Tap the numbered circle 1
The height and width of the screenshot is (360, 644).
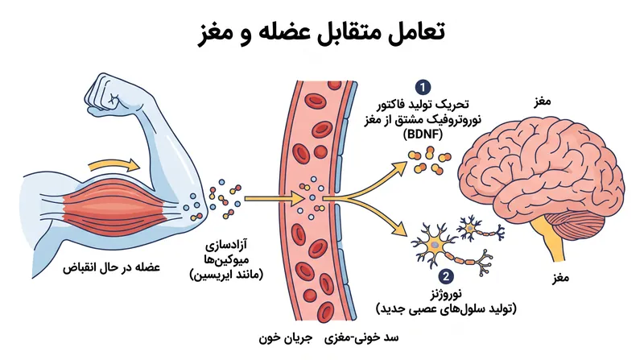pos(423,87)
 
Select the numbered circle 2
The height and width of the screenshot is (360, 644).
pos(446,276)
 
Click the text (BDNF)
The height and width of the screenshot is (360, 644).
pos(423,134)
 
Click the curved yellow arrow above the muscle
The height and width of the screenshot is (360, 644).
pos(114,165)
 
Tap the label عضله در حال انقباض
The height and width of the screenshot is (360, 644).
pos(111,267)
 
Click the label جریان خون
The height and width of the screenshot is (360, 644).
pos(286,338)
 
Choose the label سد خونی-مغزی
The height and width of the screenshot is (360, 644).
pos(361,338)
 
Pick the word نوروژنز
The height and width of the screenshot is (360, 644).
pos(446,294)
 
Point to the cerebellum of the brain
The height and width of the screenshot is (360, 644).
pos(583,222)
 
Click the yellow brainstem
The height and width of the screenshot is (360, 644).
pos(554,241)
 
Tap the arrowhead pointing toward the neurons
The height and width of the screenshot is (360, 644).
pos(399,230)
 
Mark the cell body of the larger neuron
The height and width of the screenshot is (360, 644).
pos(436,246)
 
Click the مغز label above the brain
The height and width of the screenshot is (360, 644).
pos(542,101)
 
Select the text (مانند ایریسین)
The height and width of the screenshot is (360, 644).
pos(226,274)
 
